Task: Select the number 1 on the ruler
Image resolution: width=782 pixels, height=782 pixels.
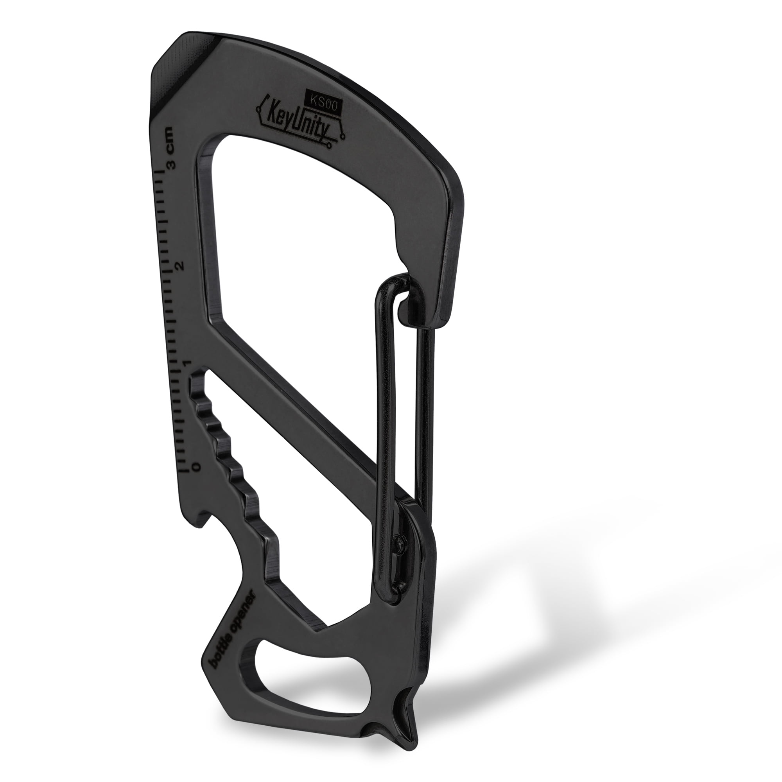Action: [187, 364]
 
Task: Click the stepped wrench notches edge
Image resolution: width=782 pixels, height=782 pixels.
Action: [231, 465]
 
